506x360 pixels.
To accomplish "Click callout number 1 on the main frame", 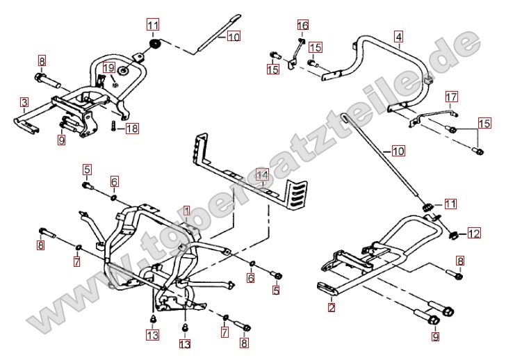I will [x=186, y=210].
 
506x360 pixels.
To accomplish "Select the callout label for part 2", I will [x=332, y=307].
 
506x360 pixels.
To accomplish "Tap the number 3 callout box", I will [x=24, y=103].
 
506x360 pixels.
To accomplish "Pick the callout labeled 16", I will [x=302, y=26].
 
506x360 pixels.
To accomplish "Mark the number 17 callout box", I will [x=452, y=96].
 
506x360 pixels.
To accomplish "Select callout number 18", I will [x=132, y=128].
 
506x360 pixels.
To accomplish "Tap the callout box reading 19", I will [x=108, y=67].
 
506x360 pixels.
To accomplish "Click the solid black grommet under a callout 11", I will [x=154, y=46].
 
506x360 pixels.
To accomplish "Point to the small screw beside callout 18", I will [x=113, y=127].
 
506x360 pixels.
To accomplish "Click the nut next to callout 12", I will [x=454, y=234].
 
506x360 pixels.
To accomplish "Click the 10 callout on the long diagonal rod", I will [x=397, y=150].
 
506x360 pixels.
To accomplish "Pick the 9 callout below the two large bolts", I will [x=435, y=338].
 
